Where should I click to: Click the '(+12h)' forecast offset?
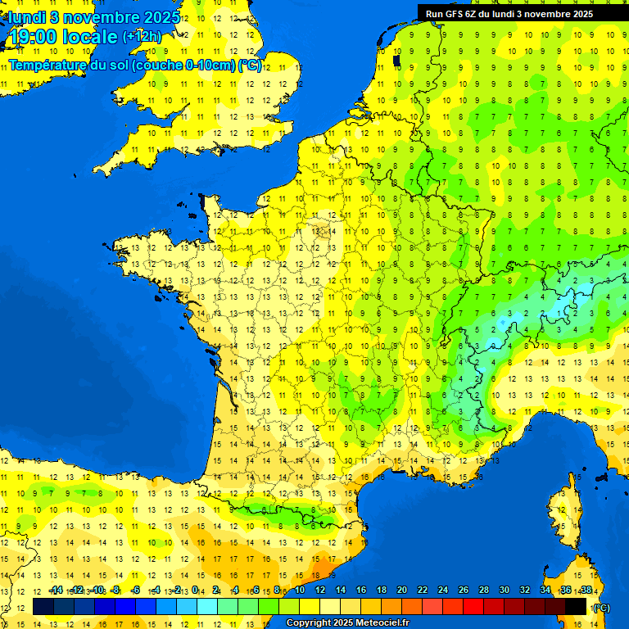[x=142, y=37]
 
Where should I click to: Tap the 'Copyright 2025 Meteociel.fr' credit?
[x=347, y=622]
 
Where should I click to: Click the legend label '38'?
[x=586, y=590]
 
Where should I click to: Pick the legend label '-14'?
[x=56, y=590]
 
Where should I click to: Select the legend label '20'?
[x=402, y=590]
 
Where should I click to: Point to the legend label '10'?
[x=300, y=590]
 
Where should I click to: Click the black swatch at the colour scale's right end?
[x=576, y=606]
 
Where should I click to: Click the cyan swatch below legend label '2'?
[x=207, y=606]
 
